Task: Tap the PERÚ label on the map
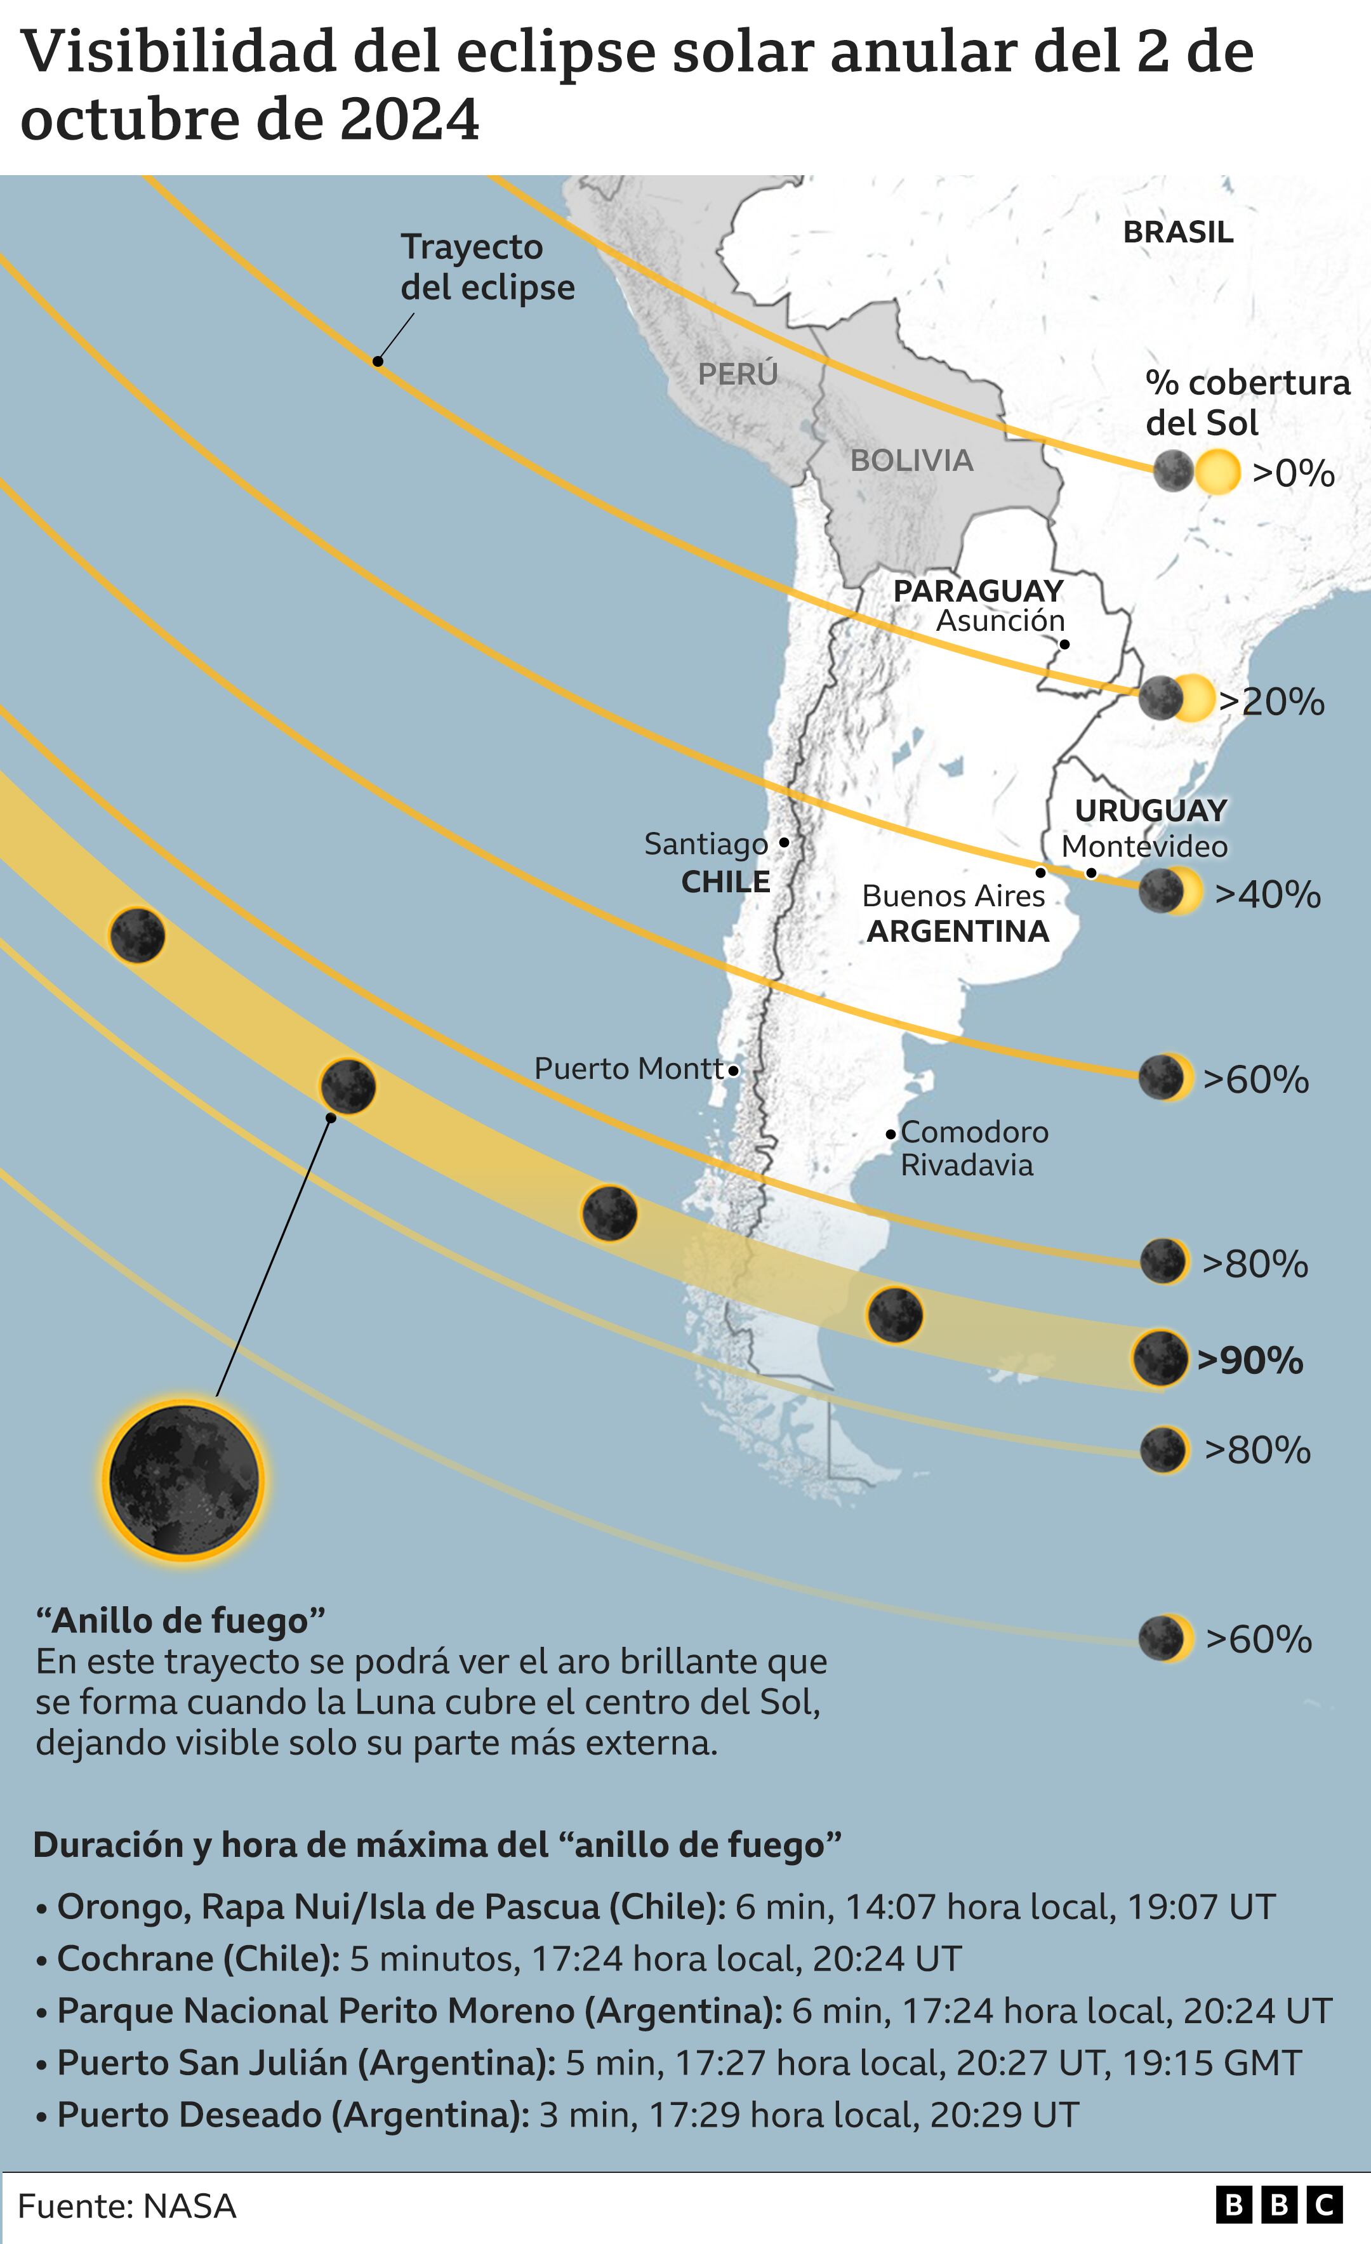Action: click(x=738, y=373)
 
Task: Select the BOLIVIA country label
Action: click(x=911, y=460)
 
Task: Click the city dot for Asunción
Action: click(x=1064, y=644)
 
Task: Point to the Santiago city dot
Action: click(x=783, y=843)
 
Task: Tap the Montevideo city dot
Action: click(x=1091, y=873)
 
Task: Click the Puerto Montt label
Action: click(x=628, y=1068)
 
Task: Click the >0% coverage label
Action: click(x=1293, y=473)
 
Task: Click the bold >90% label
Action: click(x=1250, y=1361)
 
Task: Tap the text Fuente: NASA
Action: click(x=128, y=2206)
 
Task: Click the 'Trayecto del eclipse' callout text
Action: click(x=487, y=267)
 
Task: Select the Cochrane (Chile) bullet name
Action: click(x=197, y=1959)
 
